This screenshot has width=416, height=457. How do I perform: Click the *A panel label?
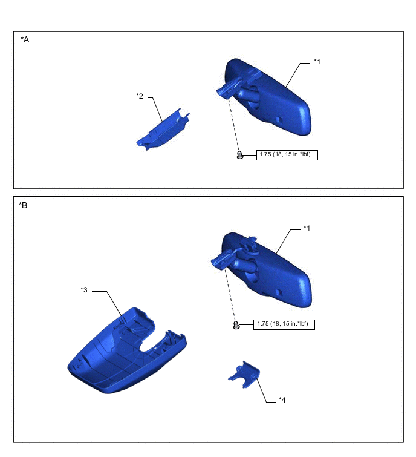(25, 39)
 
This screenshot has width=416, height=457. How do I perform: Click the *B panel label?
(23, 205)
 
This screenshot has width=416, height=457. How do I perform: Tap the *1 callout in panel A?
(317, 62)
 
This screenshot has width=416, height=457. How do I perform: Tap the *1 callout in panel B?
(307, 228)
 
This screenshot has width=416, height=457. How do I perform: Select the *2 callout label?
(140, 96)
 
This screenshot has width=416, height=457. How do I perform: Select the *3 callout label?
(84, 290)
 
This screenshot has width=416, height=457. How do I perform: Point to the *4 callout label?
(282, 400)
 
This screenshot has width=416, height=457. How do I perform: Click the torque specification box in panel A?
(287, 155)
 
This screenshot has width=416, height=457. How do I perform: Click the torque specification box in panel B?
(284, 324)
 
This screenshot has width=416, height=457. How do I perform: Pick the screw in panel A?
(240, 155)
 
